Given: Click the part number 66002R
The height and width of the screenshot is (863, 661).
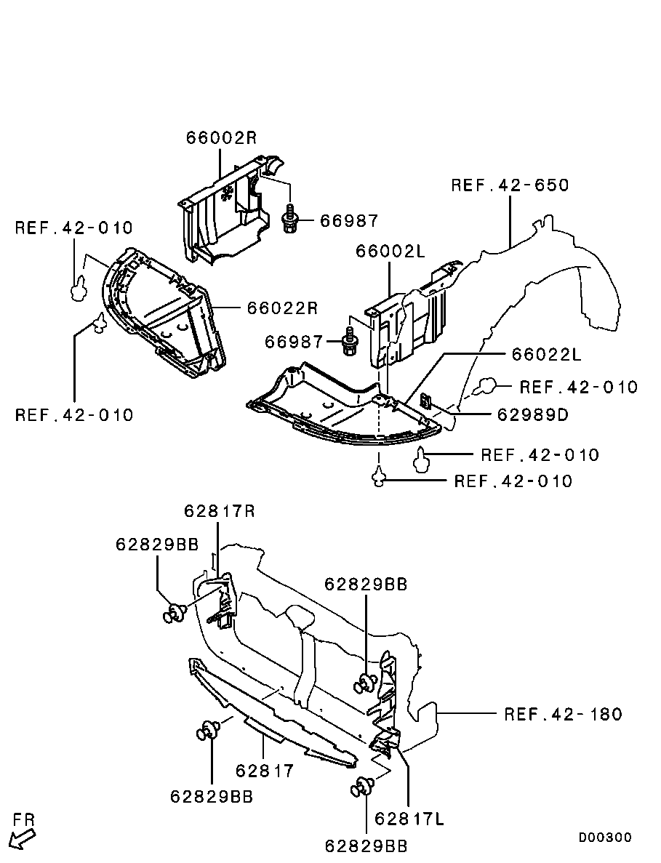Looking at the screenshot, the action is [x=221, y=137].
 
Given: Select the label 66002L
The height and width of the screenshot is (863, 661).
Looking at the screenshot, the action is [x=390, y=252].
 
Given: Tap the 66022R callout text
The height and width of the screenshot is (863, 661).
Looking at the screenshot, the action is [x=282, y=308].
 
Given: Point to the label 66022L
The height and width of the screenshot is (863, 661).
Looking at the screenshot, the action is [x=547, y=354].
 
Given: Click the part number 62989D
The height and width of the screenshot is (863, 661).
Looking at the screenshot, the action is [x=533, y=414].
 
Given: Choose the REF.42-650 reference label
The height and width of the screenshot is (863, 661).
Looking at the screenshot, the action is [x=510, y=185].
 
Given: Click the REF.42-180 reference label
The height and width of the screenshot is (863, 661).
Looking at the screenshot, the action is [x=563, y=715].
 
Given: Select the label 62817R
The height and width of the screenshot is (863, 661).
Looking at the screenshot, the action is [x=220, y=511].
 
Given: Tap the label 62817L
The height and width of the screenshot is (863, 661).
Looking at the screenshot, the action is [x=409, y=819].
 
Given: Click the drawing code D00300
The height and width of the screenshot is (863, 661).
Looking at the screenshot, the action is [x=605, y=838].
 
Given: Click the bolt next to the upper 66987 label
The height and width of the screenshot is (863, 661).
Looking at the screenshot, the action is [x=289, y=219].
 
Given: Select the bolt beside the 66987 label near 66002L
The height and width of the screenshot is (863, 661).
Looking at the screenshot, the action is [x=349, y=342].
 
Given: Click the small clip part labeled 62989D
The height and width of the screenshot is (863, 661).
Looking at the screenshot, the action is [x=426, y=401].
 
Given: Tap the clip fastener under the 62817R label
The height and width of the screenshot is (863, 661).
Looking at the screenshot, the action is [x=175, y=613].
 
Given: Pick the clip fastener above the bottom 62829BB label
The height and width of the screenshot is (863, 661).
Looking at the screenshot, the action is [x=362, y=787].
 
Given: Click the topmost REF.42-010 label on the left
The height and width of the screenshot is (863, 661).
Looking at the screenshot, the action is [x=73, y=228].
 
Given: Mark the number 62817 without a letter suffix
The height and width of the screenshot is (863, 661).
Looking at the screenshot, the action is [x=265, y=771].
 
